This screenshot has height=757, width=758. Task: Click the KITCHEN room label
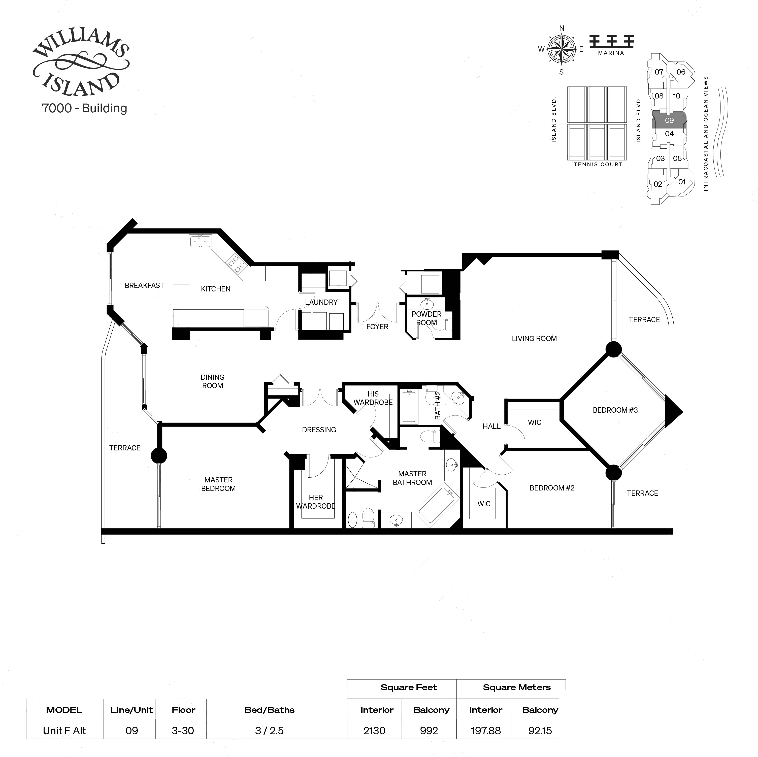pyautogui.click(x=215, y=289)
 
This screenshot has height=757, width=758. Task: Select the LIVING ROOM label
pyautogui.click(x=534, y=338)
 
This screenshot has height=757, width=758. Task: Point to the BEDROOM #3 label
pyautogui.click(x=615, y=410)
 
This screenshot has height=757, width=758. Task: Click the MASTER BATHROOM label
pyautogui.click(x=412, y=478)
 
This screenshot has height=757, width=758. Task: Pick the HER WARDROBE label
pyautogui.click(x=315, y=502)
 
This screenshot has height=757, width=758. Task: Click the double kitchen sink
pyautogui.click(x=200, y=241)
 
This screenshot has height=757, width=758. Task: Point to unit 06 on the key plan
pyautogui.click(x=681, y=72)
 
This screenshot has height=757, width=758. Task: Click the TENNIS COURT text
pyautogui.click(x=598, y=164)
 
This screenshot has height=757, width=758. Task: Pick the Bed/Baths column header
pyautogui.click(x=269, y=710)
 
